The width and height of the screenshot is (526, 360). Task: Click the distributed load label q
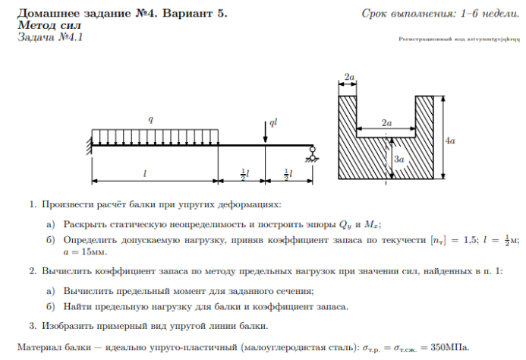[150, 119]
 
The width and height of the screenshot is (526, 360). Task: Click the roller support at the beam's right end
[310, 156]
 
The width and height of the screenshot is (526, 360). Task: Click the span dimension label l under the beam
[144, 174]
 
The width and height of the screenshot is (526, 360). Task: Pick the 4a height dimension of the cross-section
[450, 141]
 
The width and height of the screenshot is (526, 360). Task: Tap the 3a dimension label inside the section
[398, 159]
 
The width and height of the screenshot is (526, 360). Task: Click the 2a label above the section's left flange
[349, 77]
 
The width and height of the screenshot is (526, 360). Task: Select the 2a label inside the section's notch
[387, 122]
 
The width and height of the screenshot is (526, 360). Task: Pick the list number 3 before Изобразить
[33, 326]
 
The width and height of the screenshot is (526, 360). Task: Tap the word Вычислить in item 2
[66, 271]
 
